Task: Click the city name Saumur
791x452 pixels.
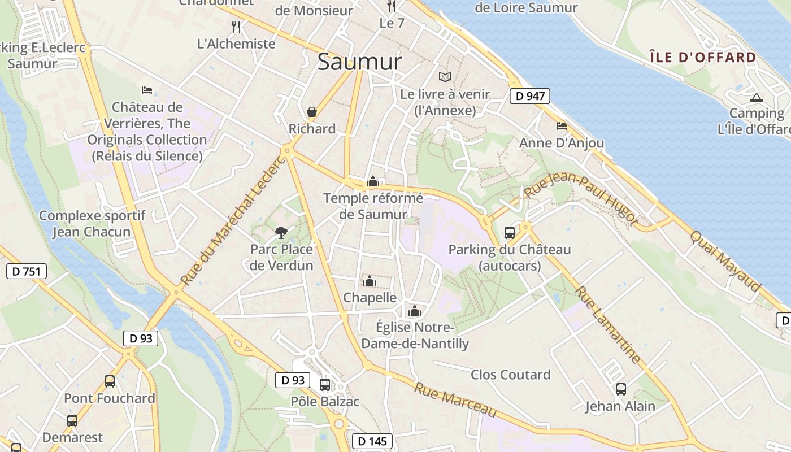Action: [x=359, y=62]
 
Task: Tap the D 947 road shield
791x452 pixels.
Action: [x=530, y=96]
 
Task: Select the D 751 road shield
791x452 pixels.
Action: [x=26, y=271]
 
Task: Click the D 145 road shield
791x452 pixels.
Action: [x=372, y=441]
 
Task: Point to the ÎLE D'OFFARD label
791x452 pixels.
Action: [x=702, y=57]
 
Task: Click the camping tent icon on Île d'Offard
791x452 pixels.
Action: [x=756, y=97]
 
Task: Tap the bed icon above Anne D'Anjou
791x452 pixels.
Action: [x=561, y=126]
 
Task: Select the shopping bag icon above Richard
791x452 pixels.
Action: [x=311, y=112]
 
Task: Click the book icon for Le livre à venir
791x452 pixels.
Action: [x=445, y=77]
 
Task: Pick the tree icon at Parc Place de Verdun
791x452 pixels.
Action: [x=281, y=232]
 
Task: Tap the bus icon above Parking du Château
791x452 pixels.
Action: [x=509, y=232]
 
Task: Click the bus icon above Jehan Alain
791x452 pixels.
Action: [x=620, y=389]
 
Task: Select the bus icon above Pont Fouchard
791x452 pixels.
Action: [x=110, y=381]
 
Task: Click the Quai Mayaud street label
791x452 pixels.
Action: [x=725, y=260]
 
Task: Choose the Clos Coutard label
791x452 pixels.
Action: [x=510, y=375]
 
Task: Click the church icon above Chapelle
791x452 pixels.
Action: [x=369, y=281]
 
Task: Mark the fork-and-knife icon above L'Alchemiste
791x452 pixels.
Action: [x=236, y=27]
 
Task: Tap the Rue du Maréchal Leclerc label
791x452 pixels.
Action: [x=233, y=220]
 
